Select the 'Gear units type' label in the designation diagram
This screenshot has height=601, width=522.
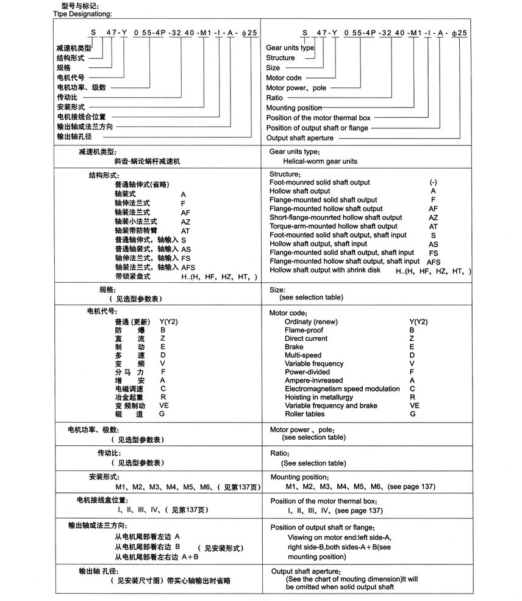[290, 48]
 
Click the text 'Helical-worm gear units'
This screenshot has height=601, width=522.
[320, 161]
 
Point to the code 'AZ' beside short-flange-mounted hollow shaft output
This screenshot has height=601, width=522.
[434, 217]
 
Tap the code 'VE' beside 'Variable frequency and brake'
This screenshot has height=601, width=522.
[415, 406]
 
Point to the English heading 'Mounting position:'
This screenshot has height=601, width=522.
[299, 477]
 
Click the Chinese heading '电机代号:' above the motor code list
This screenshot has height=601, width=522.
[102, 312]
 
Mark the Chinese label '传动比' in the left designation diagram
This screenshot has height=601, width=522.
[68, 97]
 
